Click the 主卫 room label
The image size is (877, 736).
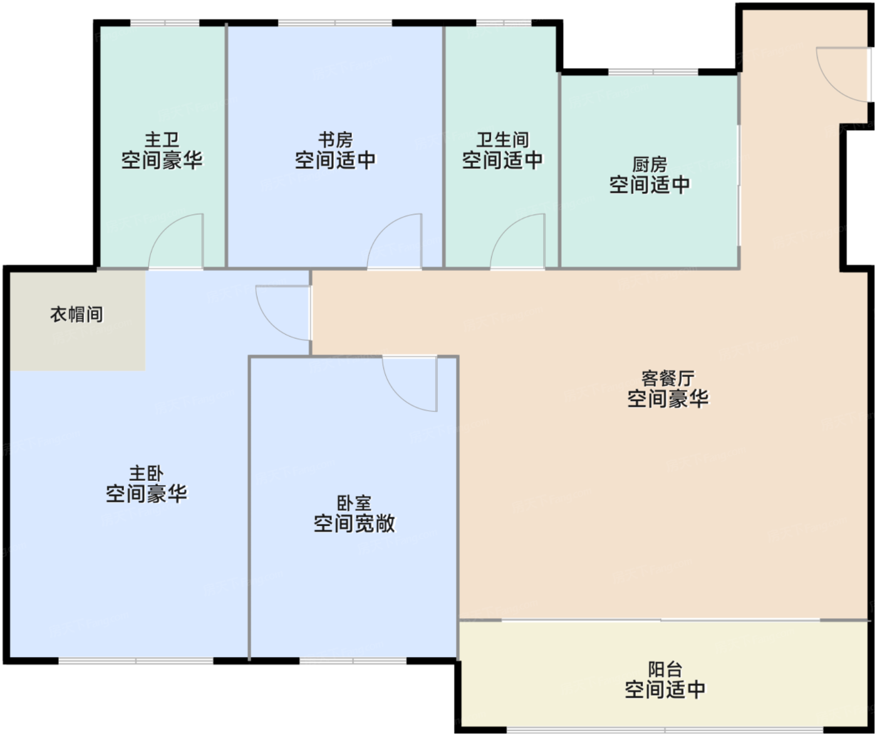162,139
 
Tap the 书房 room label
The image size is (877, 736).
335,139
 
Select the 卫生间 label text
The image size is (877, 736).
502,139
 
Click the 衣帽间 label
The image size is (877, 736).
76,314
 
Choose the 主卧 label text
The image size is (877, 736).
146,473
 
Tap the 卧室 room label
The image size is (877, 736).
354,503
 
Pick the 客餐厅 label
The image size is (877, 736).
667,378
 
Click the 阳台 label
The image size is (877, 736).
665,670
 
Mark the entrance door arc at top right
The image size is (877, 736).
832,87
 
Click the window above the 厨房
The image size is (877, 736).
653,72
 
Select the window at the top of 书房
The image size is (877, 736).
335,23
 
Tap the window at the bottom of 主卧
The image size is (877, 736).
136,661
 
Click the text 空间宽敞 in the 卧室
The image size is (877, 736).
354,523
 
